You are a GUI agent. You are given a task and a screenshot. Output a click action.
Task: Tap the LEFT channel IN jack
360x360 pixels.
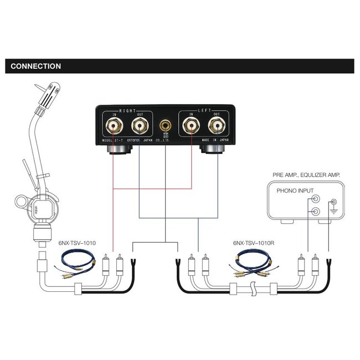pos(191,127)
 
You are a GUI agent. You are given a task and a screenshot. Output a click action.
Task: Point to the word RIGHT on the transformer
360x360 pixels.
pos(127,111)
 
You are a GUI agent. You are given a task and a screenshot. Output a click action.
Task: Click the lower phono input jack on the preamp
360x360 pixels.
pos(315,211)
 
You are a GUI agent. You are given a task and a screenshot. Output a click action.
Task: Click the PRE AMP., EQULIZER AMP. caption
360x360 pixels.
pos(306,174)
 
